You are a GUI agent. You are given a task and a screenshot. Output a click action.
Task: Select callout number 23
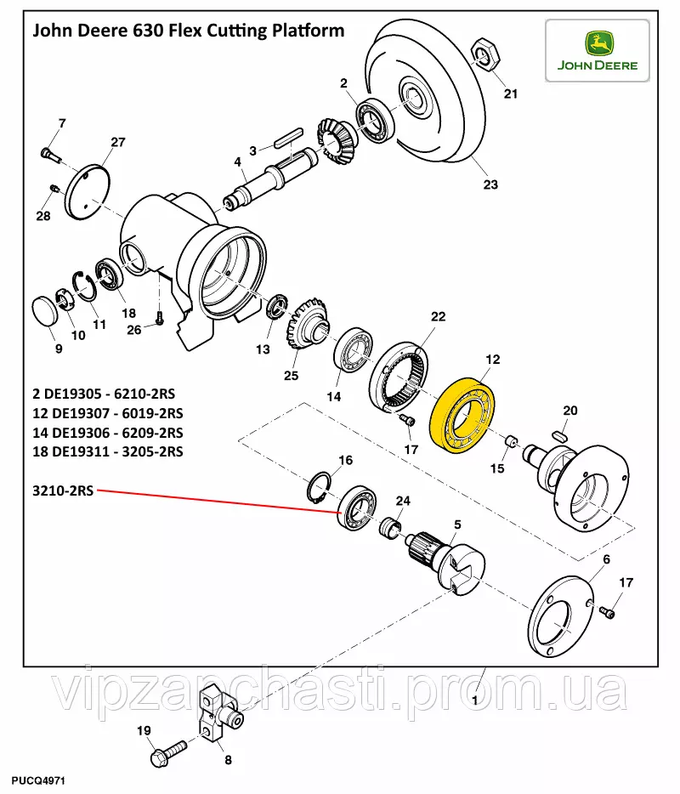coord(490,184)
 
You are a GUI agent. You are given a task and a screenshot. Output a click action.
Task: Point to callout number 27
coord(117,142)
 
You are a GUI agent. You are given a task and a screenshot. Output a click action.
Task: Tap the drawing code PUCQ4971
coord(39,780)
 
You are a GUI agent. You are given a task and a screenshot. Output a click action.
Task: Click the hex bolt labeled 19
coord(167,752)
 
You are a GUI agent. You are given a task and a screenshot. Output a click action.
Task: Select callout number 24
coord(403,501)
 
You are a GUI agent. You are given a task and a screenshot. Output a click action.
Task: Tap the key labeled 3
coord(287,134)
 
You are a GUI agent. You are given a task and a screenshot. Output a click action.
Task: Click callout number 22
coord(437,317)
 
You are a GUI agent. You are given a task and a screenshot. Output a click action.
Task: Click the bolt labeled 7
coord(47,153)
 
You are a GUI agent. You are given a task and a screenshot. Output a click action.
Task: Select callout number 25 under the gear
coord(292,376)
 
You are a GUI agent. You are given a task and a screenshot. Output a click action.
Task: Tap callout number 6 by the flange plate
coord(607,559)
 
